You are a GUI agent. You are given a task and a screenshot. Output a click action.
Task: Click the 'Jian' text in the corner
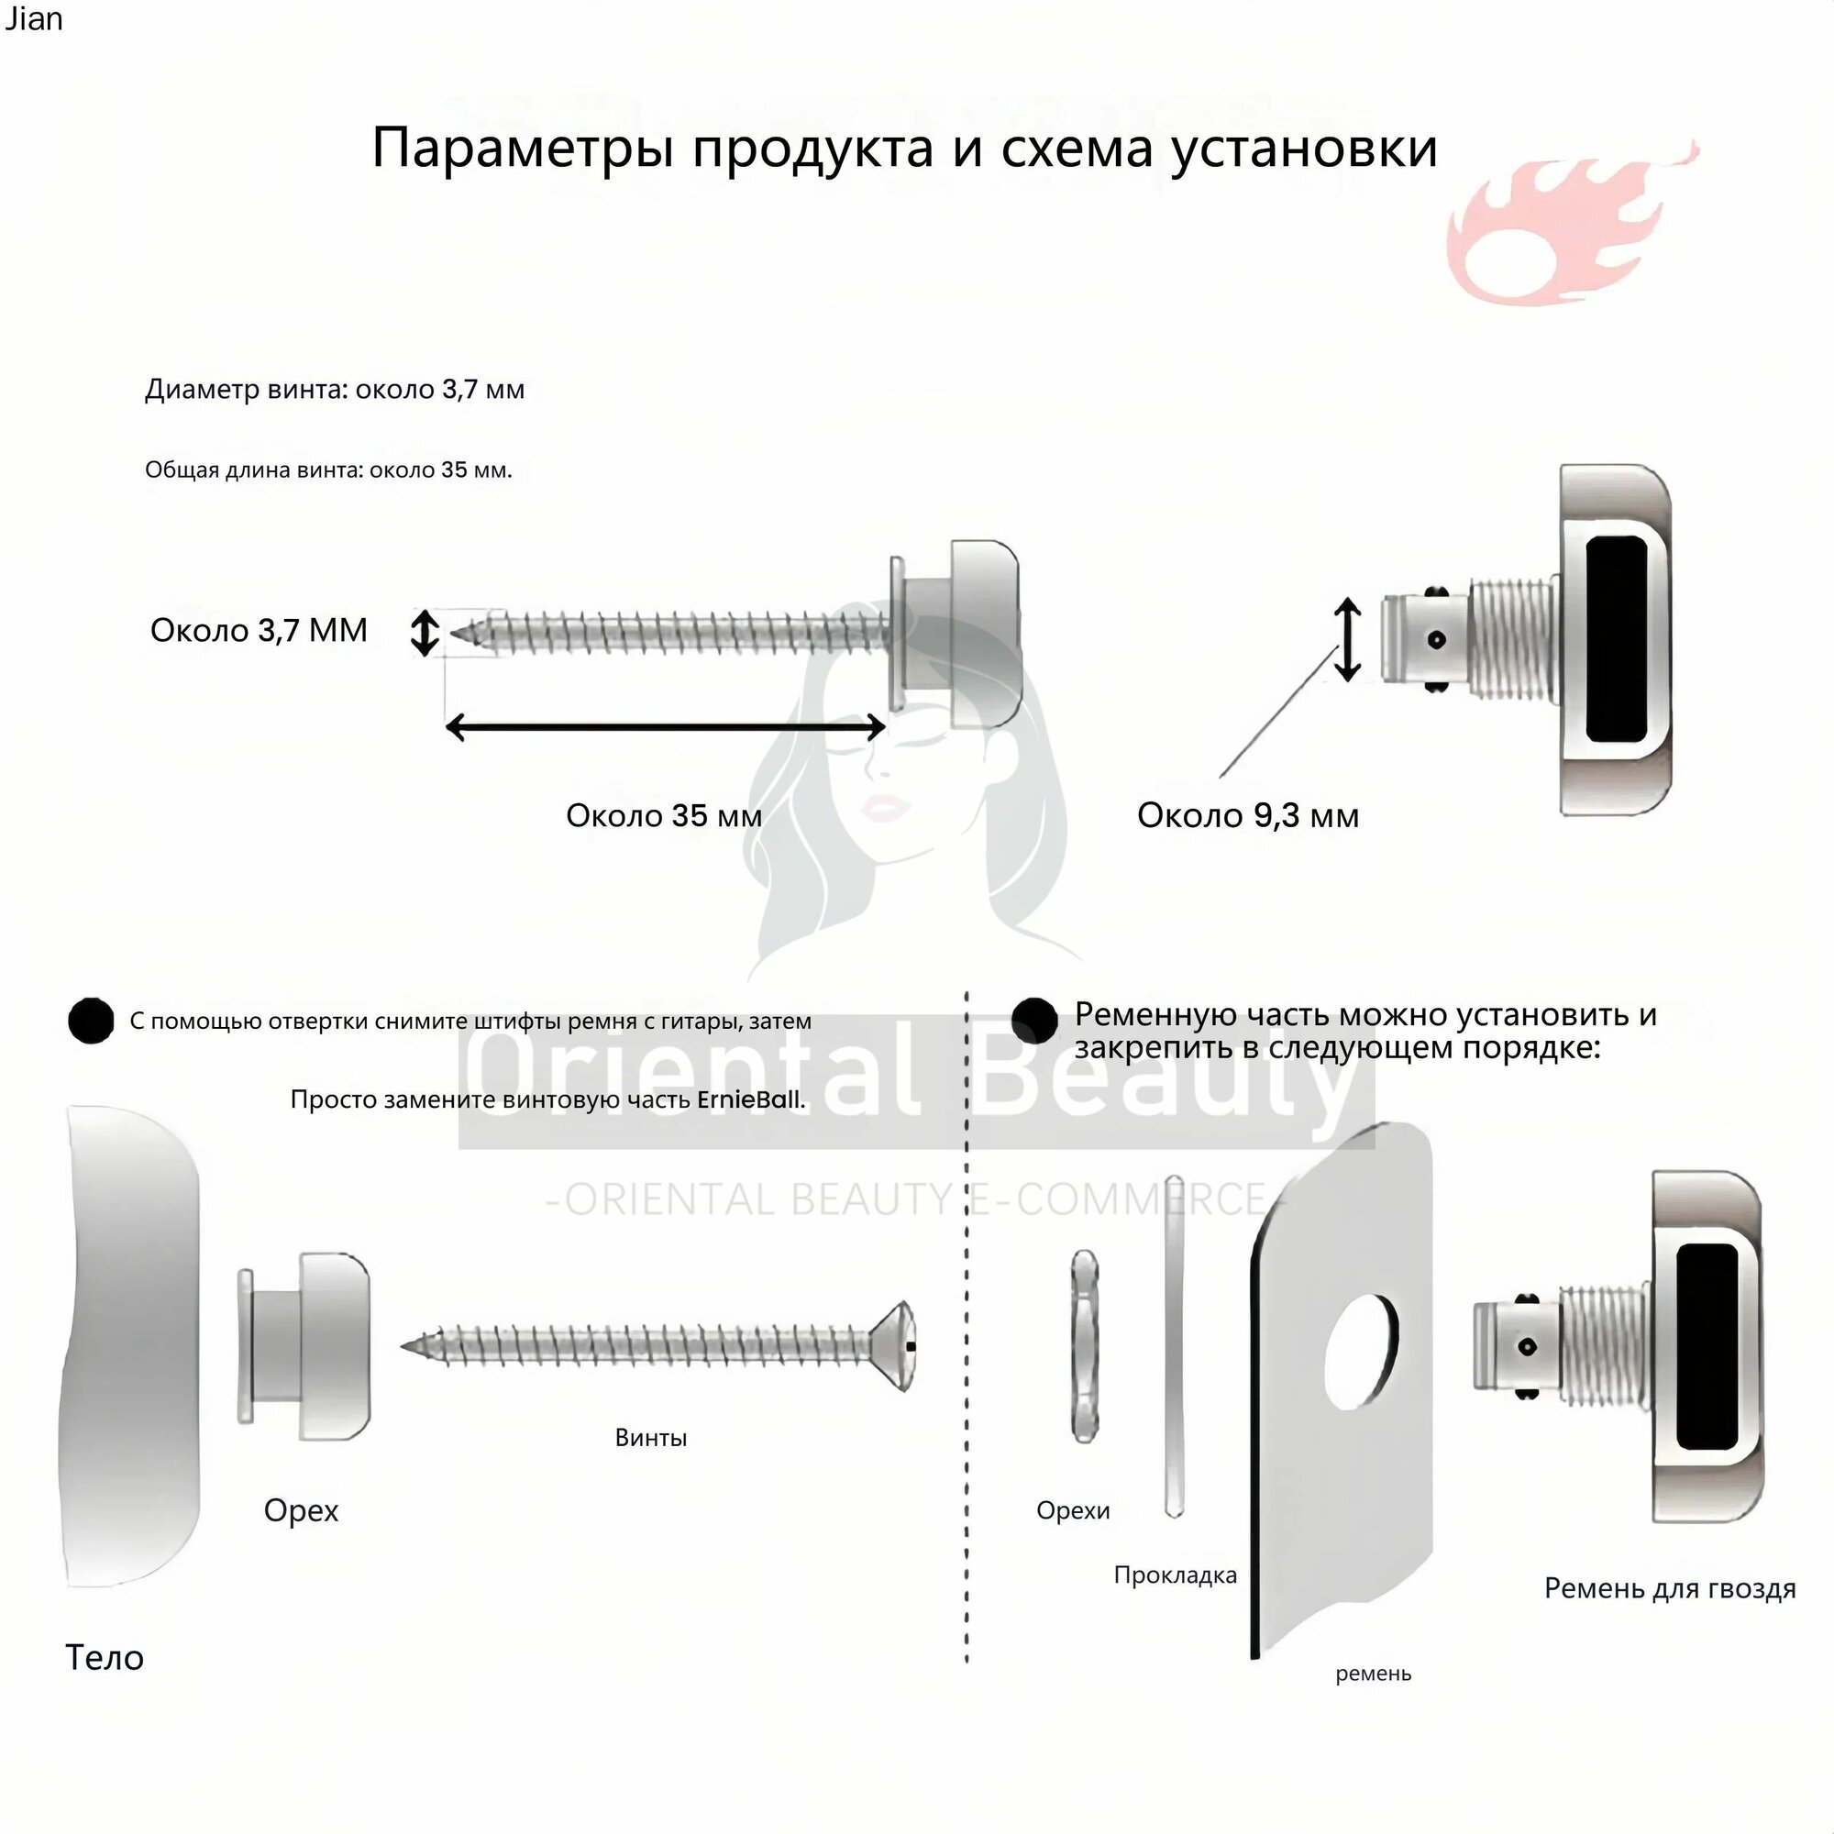(33, 19)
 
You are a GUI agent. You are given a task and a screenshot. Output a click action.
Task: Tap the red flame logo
(1572, 224)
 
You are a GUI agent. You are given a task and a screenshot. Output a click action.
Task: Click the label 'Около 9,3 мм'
(1247, 815)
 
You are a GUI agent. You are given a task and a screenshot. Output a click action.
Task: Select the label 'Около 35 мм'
(664, 815)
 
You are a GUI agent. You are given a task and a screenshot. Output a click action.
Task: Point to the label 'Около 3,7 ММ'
(259, 630)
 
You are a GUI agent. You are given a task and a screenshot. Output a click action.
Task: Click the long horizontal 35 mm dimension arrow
(666, 727)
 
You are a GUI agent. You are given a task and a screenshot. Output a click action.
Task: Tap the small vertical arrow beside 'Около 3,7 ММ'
(425, 632)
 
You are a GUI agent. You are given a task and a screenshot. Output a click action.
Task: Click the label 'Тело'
(105, 1657)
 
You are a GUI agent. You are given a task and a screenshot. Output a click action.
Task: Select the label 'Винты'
(650, 1437)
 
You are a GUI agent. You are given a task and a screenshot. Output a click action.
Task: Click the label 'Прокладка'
(1176, 1575)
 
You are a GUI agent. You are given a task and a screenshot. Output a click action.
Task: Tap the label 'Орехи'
(1073, 1510)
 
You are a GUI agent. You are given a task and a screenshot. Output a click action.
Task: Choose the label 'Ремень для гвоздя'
(1670, 1588)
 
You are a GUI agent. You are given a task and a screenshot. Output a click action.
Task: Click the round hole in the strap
(1361, 1350)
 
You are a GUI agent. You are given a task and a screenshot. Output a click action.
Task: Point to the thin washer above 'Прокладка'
(1175, 1346)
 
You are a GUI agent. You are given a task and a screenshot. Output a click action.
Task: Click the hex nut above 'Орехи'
(1084, 1345)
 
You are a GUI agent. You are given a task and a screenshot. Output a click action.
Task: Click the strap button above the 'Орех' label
(303, 1346)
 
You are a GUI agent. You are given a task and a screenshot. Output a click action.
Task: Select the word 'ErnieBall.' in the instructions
(751, 1099)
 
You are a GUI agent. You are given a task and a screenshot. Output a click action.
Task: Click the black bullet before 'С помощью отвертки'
(91, 1021)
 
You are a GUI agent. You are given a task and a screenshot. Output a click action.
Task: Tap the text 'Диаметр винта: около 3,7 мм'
(334, 389)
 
